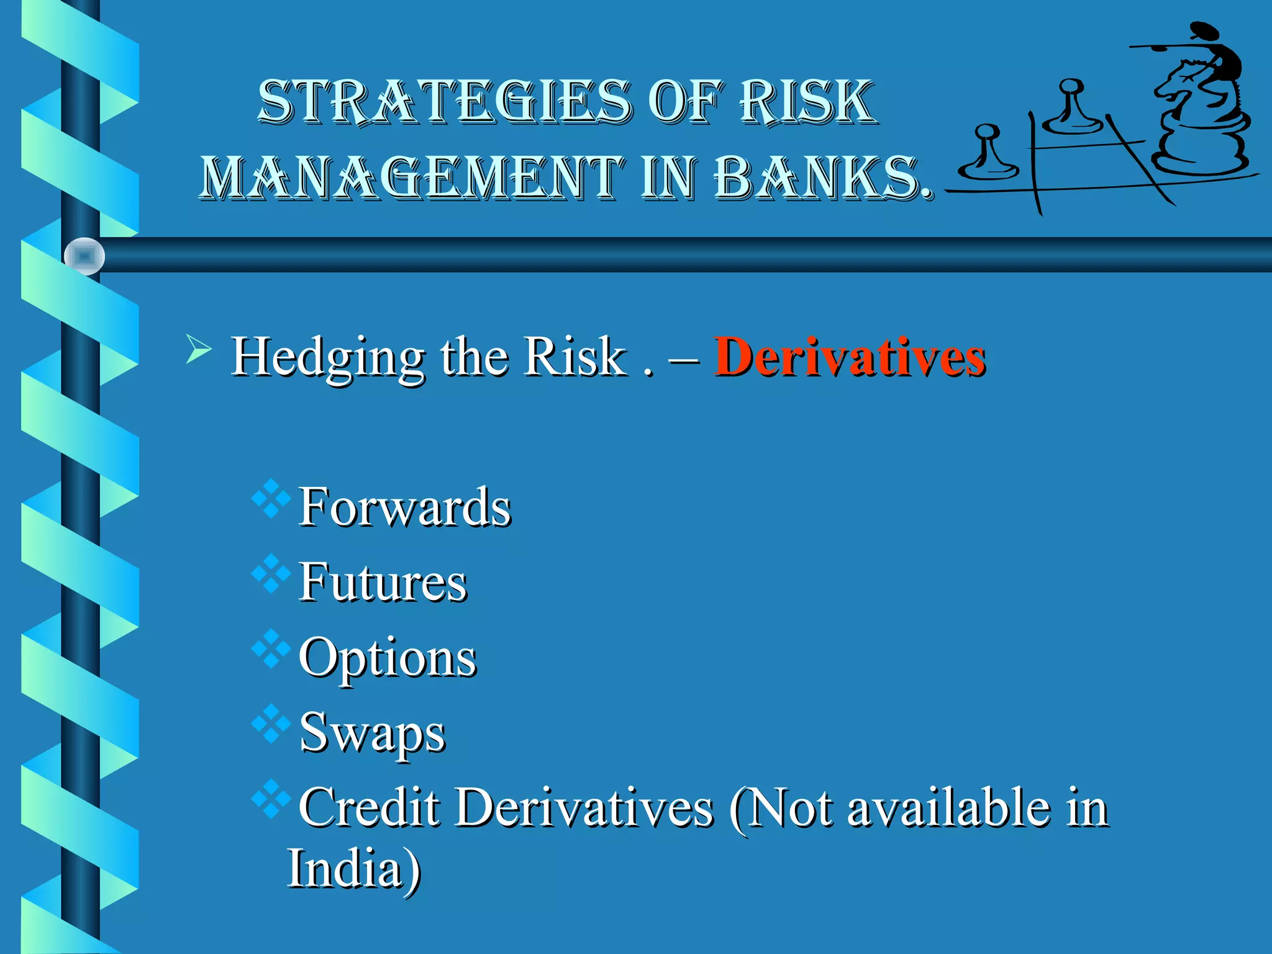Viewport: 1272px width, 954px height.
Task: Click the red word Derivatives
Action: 849,357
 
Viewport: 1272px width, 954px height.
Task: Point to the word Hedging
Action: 327,358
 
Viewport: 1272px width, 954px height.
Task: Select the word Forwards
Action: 404,507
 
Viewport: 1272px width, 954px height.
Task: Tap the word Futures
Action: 382,583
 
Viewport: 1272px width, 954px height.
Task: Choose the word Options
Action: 387,658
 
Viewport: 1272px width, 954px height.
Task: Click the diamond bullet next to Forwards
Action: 271,499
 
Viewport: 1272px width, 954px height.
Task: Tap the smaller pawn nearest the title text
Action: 988,155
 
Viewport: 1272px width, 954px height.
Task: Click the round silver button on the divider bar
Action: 84,256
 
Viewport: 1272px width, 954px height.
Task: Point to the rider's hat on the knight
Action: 1200,30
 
